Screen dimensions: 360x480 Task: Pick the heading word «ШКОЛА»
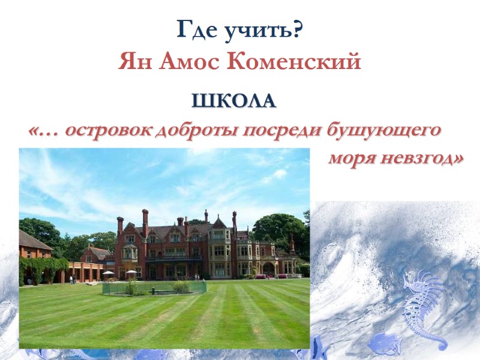tap(234, 101)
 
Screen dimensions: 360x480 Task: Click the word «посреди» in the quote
tap(283, 130)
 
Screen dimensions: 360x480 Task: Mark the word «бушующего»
tap(383, 130)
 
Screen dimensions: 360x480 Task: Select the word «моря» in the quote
tap(353, 159)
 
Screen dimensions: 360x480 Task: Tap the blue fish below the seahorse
tap(384, 344)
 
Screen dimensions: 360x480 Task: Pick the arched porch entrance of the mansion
tap(268, 268)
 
